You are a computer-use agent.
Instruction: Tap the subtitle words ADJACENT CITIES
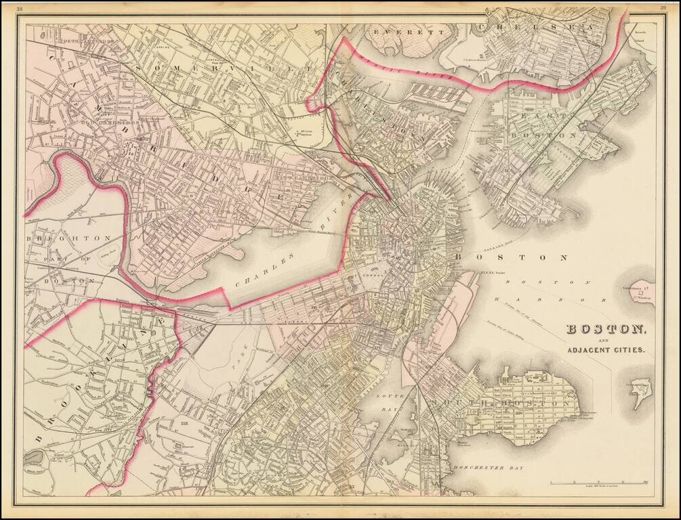click(x=606, y=350)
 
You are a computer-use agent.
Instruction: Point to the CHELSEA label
click(x=535, y=26)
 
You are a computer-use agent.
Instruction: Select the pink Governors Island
click(x=640, y=292)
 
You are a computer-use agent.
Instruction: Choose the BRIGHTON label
click(x=68, y=238)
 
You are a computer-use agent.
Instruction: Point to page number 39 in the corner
click(x=661, y=8)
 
